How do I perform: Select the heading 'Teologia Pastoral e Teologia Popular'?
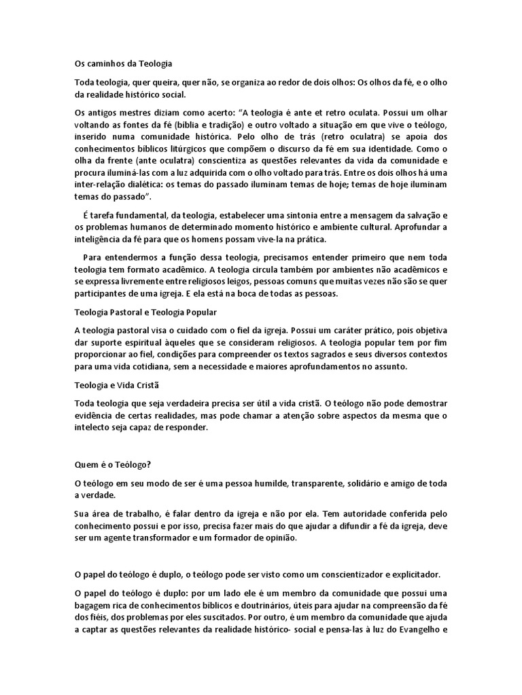pos(145,312)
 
